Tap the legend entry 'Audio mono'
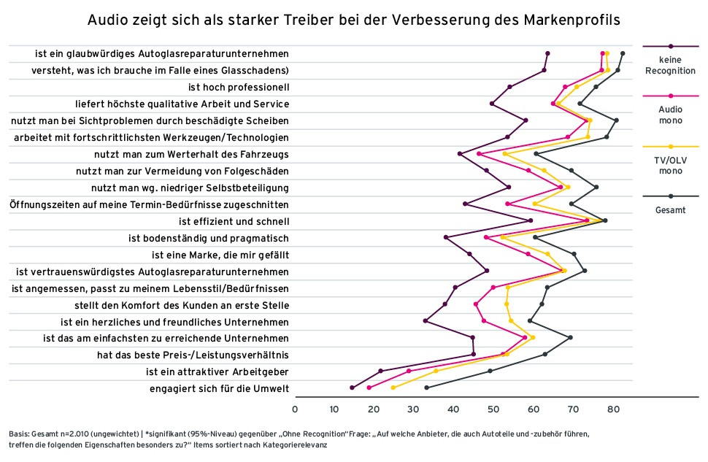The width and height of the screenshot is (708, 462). point(671,115)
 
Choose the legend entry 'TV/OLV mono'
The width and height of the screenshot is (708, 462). point(671,165)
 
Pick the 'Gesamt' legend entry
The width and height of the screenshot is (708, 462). point(671,209)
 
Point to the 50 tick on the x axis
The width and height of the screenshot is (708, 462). point(493,409)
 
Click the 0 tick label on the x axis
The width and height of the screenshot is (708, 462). point(295,409)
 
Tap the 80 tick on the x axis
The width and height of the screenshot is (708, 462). point(612,409)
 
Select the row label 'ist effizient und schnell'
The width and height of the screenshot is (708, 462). point(234,221)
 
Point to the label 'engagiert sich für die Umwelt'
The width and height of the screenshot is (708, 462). point(219,388)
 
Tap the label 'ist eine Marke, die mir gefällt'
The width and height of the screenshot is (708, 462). point(220,255)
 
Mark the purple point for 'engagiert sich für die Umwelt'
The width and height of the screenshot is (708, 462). point(353,388)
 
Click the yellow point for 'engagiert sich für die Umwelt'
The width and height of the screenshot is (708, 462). point(393,388)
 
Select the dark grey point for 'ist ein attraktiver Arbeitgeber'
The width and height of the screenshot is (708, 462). point(490,371)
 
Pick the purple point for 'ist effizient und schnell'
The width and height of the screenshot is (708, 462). point(531,220)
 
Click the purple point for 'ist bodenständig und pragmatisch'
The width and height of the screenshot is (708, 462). point(446,237)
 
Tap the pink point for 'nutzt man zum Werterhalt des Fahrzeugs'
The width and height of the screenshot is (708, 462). point(479,154)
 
